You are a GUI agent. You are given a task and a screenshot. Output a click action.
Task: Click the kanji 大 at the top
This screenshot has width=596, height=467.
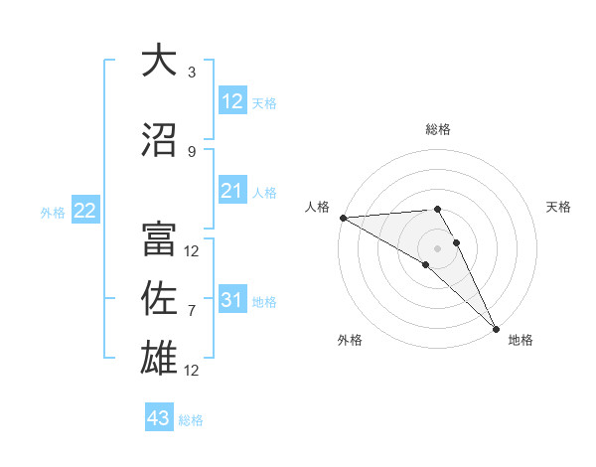158,61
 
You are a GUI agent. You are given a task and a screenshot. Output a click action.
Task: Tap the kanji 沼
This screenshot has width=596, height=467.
158,139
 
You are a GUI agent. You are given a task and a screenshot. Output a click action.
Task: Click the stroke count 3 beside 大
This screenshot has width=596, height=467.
192,73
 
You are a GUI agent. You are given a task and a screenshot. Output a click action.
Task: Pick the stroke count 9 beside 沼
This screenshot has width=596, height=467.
192,151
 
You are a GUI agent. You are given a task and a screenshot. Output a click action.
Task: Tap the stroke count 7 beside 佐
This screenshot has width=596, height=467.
192,311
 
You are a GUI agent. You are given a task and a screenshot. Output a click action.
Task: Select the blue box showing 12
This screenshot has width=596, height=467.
232,101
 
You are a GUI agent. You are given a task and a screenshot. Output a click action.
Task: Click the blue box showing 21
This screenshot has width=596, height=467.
232,191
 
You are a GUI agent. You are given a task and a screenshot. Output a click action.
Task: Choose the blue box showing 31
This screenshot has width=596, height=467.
232,300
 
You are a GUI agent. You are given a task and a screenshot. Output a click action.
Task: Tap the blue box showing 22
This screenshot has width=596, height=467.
85,211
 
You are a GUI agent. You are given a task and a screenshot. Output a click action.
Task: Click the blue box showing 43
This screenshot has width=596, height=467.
159,418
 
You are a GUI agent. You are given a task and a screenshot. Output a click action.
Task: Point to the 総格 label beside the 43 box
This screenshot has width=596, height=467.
192,420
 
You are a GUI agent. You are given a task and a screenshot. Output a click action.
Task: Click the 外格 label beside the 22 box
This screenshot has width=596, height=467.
53,213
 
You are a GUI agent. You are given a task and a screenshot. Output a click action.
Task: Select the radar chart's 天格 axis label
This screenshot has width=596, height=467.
559,207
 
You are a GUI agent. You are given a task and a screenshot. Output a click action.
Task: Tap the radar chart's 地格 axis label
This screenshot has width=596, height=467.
521,340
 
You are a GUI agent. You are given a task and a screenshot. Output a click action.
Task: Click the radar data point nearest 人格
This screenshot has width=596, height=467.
343,218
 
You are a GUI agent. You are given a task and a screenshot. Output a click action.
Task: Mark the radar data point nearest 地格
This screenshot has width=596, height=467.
496,327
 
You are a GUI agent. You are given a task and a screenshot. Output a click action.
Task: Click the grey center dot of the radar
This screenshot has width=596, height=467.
437,247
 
